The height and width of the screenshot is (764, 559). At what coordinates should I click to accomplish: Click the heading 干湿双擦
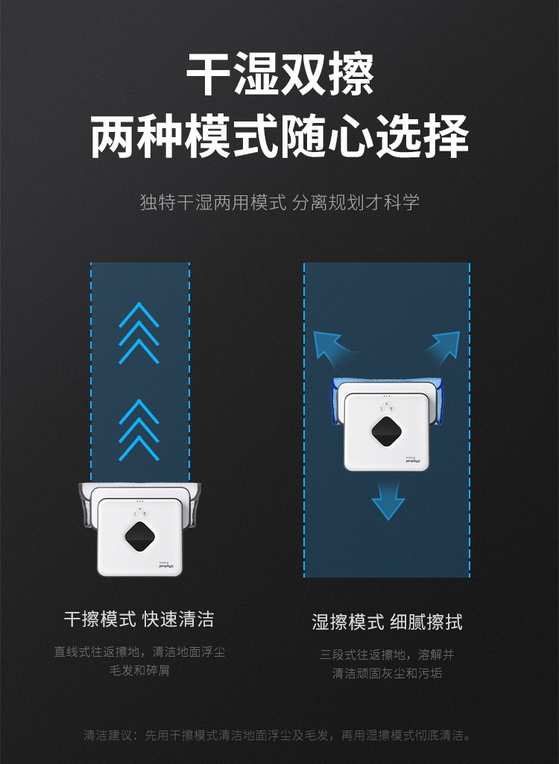click(279, 75)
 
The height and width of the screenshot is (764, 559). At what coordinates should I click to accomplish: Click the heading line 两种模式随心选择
click(279, 136)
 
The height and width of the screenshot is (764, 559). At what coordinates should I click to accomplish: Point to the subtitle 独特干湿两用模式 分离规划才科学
click(279, 202)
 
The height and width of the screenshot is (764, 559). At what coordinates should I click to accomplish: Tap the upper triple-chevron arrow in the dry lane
click(139, 333)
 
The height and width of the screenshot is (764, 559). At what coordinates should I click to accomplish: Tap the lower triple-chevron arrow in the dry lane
click(139, 430)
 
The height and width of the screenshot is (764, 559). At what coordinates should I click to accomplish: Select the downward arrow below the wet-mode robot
click(388, 501)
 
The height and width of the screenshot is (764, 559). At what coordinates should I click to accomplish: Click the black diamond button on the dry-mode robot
click(140, 537)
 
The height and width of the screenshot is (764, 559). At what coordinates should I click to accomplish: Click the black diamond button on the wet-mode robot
click(387, 431)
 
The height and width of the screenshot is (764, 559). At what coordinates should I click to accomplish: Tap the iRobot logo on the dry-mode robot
click(167, 566)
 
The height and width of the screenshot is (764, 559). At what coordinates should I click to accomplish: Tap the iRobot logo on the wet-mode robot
click(413, 461)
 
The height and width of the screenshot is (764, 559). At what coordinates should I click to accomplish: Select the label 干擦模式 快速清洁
click(139, 619)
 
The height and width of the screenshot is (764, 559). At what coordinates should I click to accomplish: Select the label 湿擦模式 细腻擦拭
click(387, 622)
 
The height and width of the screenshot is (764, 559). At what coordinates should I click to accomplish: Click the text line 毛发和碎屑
click(139, 670)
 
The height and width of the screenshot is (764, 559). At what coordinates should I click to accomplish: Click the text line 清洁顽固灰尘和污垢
click(387, 673)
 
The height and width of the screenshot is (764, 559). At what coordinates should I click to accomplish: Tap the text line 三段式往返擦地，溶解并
click(387, 654)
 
